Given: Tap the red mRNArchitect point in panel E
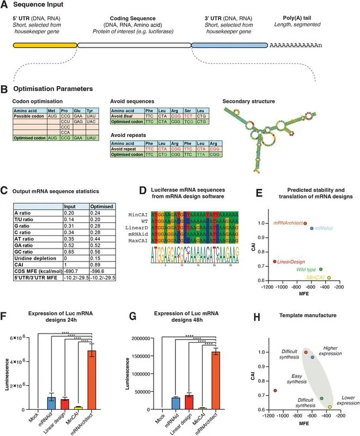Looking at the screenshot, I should click(305, 223).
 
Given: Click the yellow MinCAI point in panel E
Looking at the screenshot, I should click(328, 278).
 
